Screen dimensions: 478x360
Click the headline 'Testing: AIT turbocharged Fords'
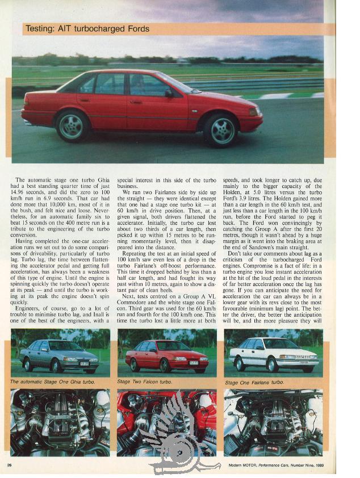[87, 29]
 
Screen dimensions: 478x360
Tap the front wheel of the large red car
[221, 129]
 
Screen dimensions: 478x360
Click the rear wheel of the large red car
[73, 125]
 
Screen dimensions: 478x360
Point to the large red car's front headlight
[253, 111]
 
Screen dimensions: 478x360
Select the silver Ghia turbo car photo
[59, 356]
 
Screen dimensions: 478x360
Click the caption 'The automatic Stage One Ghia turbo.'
[52, 381]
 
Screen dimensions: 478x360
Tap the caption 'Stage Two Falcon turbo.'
[144, 381]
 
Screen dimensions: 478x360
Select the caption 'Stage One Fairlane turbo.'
[254, 382]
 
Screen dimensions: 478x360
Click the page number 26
[10, 465]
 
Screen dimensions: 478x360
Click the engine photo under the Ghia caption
[60, 423]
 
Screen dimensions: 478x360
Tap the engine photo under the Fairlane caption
[273, 423]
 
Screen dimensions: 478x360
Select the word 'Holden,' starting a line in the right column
[237, 192]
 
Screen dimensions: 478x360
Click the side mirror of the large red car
[169, 93]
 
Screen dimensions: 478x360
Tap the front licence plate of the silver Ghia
[84, 363]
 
